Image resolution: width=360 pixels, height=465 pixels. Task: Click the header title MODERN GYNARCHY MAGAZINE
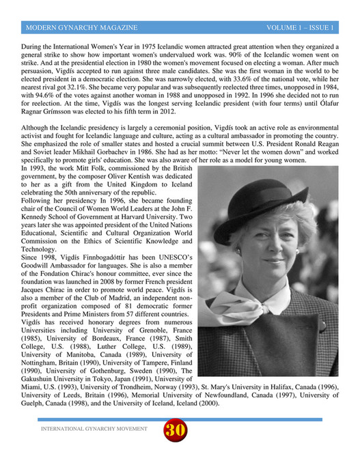click(x=81, y=28)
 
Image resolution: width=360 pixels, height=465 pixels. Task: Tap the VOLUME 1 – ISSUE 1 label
click(x=300, y=28)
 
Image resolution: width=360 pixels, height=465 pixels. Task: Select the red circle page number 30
click(x=175, y=430)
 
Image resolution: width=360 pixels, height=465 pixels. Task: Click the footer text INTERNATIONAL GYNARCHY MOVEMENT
click(x=94, y=429)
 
